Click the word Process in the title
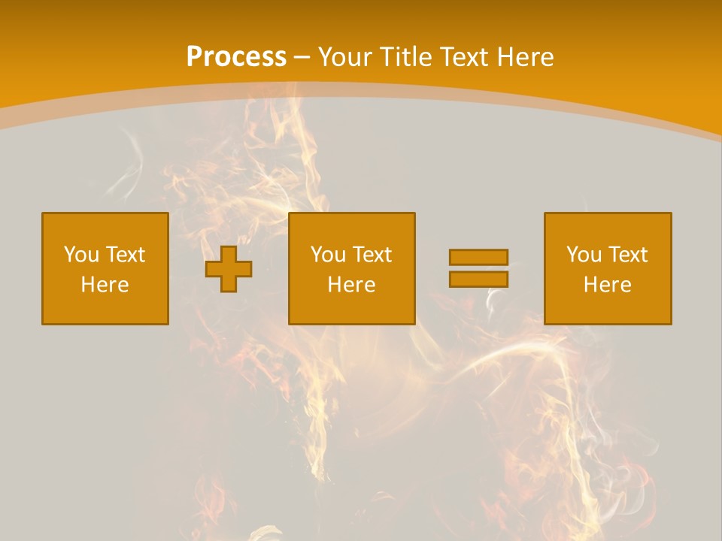[236, 57]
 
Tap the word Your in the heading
[346, 57]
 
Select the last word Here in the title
[524, 57]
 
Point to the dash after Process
[302, 58]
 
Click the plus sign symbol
[229, 268]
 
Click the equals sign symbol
[478, 268]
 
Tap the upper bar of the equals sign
[478, 257]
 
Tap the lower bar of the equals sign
[478, 279]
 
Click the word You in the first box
[80, 255]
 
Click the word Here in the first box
[105, 285]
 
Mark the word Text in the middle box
[372, 255]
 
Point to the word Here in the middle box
[352, 285]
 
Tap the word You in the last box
[583, 255]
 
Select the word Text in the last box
[628, 255]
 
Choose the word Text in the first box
[126, 255]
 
